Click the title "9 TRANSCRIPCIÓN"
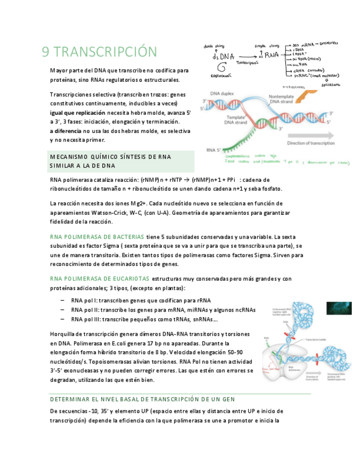coord(99,52)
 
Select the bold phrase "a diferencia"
coord(66,131)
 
